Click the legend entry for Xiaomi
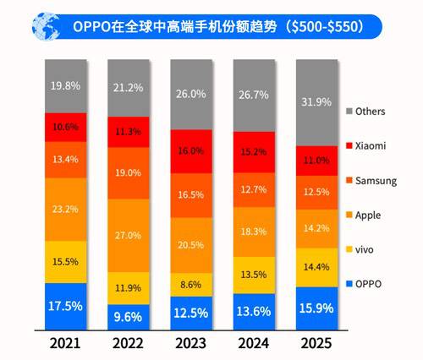point(369,145)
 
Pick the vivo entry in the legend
point(365,250)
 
